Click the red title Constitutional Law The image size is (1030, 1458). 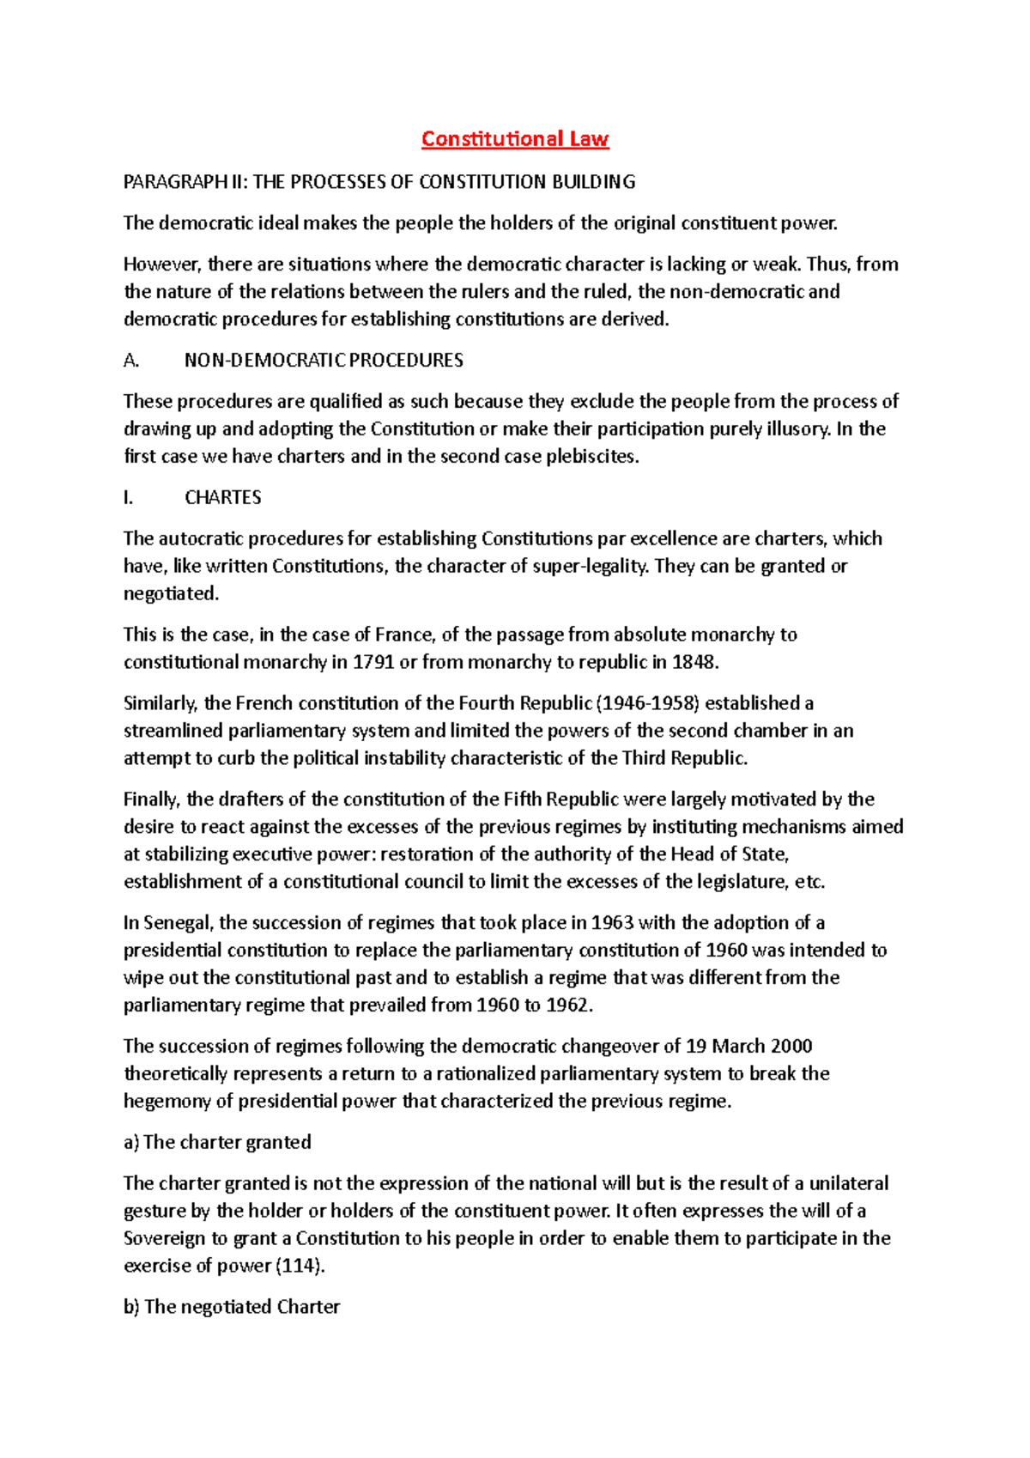click(x=515, y=139)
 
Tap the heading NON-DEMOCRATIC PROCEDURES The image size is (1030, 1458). click(x=324, y=361)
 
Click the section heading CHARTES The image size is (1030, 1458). click(x=223, y=498)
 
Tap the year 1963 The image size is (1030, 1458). click(x=612, y=923)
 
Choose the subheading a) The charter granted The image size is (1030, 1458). click(x=217, y=1143)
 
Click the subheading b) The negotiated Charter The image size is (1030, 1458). click(x=232, y=1307)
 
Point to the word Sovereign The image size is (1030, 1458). click(x=164, y=1238)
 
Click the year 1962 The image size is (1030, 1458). click(x=568, y=1005)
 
